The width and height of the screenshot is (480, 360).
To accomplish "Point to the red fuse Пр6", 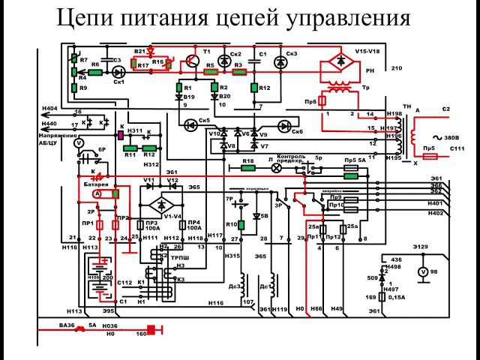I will click(x=322, y=100).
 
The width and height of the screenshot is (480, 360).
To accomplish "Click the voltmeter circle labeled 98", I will click(x=421, y=271).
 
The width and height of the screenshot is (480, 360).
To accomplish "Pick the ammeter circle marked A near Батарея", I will click(x=97, y=193).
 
